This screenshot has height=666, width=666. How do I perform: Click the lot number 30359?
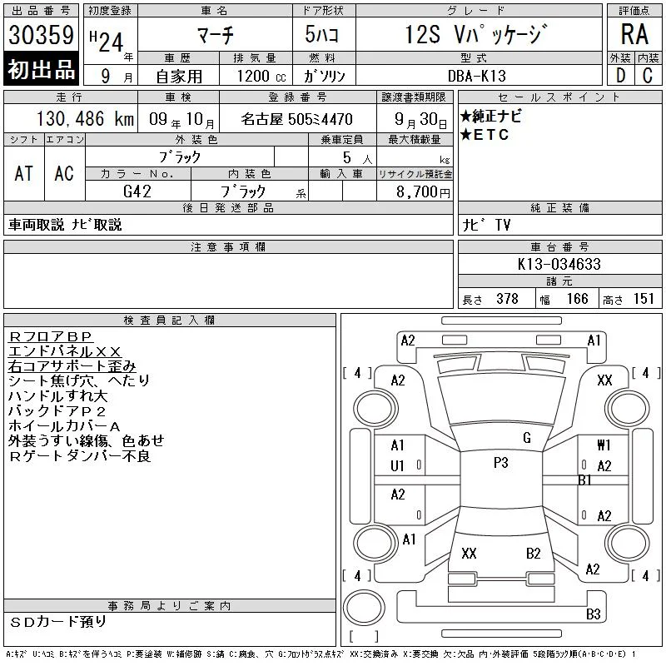click(41, 35)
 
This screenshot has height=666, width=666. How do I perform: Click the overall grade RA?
click(634, 34)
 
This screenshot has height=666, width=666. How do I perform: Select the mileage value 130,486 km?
click(85, 119)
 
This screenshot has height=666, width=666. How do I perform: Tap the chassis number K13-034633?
click(559, 264)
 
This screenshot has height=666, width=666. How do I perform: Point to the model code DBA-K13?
click(477, 76)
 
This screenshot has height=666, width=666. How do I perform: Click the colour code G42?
click(137, 191)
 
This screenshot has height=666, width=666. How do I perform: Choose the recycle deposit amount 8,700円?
click(423, 191)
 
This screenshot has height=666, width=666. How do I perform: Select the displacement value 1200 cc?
click(261, 76)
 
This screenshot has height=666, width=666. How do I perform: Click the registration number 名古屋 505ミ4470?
click(296, 119)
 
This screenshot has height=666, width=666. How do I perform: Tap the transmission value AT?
click(24, 173)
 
